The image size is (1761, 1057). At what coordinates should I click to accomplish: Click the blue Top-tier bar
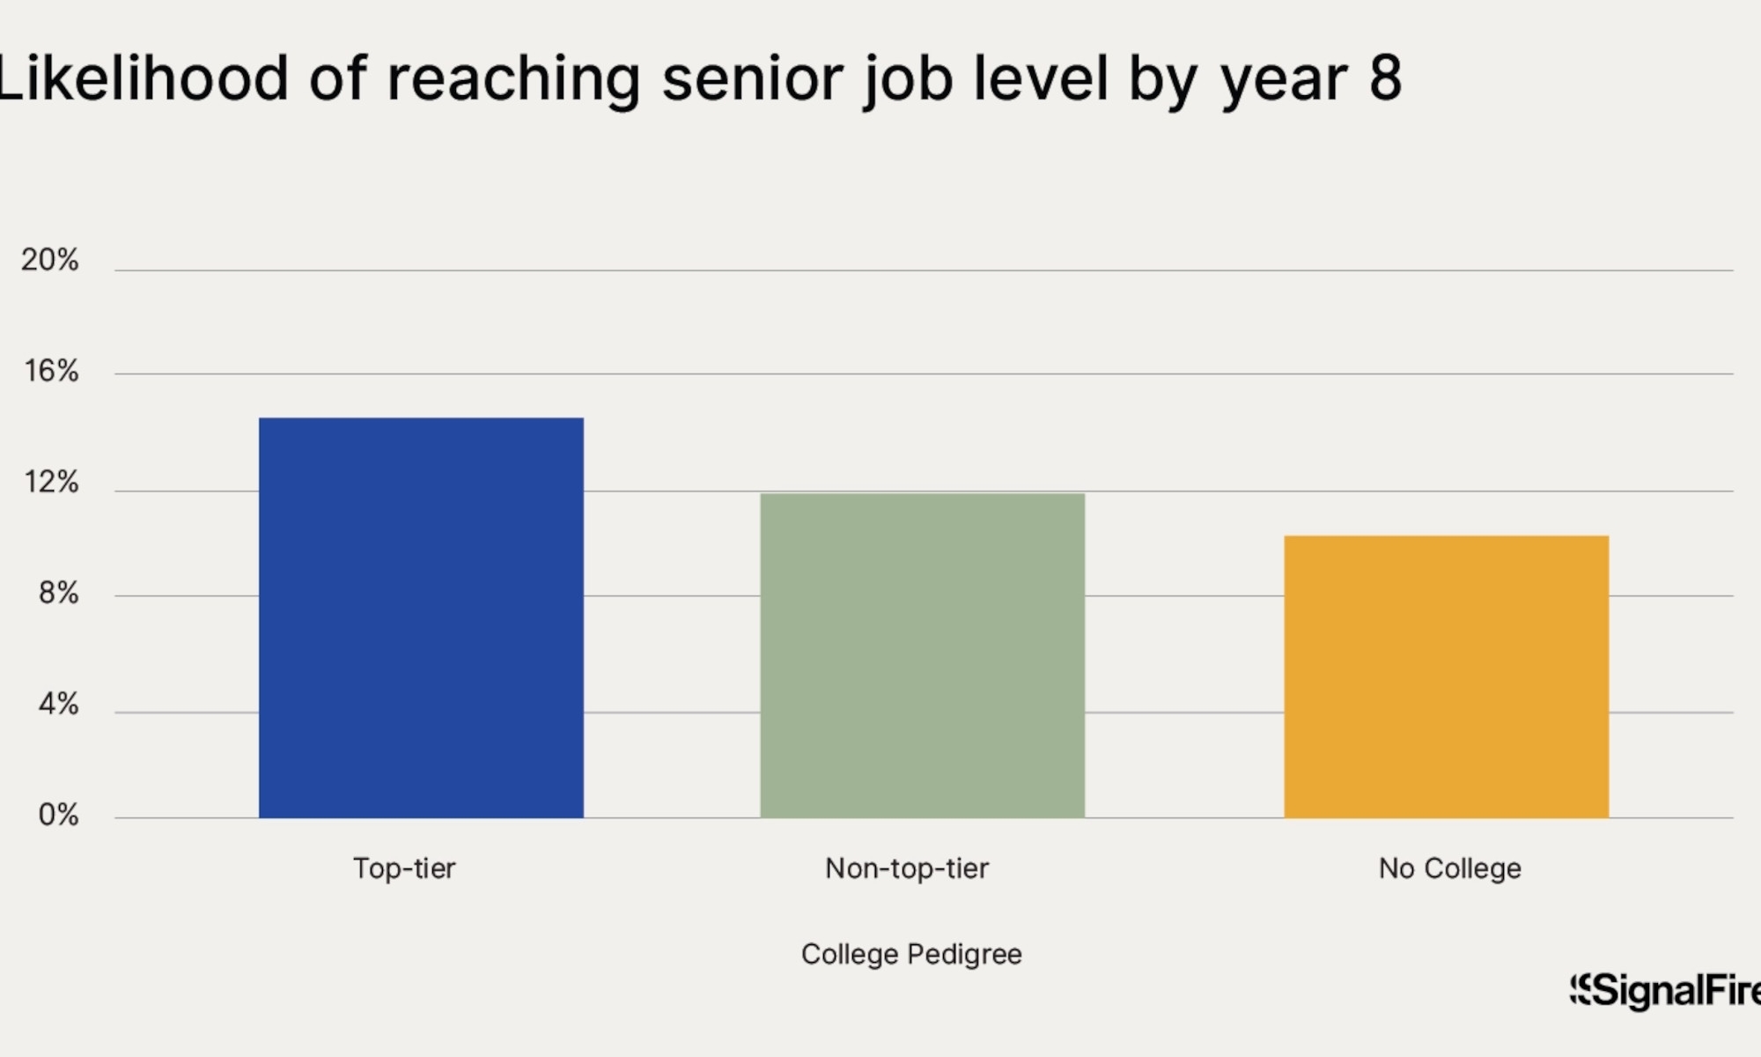[x=421, y=617]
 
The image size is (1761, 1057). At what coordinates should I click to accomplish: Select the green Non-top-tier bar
[x=922, y=655]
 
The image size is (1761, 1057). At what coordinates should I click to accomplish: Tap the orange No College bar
[x=1446, y=676]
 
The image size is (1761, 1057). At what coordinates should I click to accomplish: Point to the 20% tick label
[x=50, y=260]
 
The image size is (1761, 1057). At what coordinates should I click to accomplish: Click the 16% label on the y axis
[x=51, y=371]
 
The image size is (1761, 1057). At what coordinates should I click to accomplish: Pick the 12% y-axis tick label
[x=51, y=482]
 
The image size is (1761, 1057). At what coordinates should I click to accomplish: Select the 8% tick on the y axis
[x=58, y=593]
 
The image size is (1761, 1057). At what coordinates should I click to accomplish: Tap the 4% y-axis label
[x=58, y=704]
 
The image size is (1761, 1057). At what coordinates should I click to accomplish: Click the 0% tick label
[x=58, y=815]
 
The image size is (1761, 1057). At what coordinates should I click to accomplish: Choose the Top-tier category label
[x=404, y=869]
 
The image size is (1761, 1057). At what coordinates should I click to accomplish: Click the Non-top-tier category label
[x=907, y=869]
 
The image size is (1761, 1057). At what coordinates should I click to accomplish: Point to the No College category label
[x=1449, y=869]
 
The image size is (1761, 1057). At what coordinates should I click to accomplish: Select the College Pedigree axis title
[x=911, y=954]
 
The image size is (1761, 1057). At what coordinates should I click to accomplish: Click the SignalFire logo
[x=1664, y=991]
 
